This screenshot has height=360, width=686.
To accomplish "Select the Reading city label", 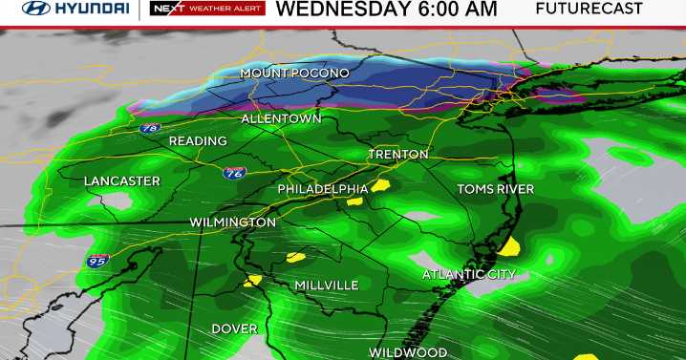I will [x=198, y=141].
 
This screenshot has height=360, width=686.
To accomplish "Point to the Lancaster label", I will [x=121, y=180].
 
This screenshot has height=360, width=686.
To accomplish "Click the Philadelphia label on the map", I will [x=323, y=189].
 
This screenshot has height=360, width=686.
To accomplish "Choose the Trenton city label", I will [x=398, y=154].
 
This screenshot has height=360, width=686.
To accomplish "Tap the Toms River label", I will [x=495, y=189].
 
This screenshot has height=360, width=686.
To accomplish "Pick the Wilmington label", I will [x=232, y=222].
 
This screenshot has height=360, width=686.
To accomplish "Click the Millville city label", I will [x=327, y=286].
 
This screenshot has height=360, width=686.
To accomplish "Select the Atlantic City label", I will [x=468, y=275].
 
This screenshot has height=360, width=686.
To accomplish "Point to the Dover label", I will [x=234, y=328].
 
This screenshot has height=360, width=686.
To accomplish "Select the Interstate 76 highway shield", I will [x=236, y=173].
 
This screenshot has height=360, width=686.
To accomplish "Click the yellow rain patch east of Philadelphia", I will [x=380, y=186].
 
